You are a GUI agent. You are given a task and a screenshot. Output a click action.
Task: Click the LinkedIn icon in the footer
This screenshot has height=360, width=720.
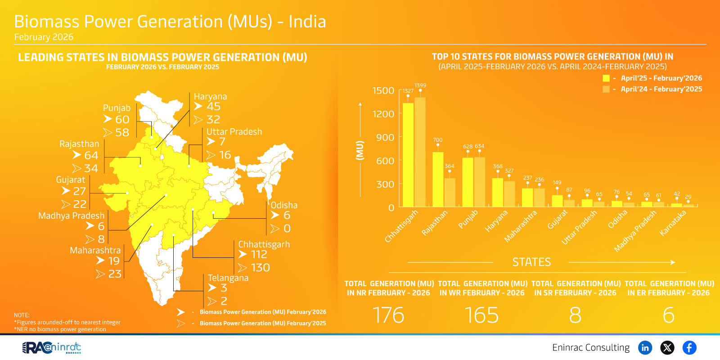(x=645, y=347)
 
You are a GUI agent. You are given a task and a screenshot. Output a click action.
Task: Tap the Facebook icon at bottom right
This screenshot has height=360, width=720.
(x=689, y=347)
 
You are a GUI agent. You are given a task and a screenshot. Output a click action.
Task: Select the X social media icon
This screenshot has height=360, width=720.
(x=667, y=347)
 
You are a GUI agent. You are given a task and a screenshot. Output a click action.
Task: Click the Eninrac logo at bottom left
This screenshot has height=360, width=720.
(x=51, y=347)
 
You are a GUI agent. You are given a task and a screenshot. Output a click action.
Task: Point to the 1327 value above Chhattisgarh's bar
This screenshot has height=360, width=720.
(x=408, y=91)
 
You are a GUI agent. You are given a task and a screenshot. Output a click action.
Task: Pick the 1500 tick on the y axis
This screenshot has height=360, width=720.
(x=383, y=90)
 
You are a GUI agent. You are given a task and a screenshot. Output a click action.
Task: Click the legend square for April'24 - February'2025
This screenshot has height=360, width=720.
(x=606, y=89)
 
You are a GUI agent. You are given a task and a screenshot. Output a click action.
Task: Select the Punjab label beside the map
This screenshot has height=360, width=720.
(x=117, y=108)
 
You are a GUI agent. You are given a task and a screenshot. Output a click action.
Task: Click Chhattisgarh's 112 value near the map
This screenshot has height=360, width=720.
(x=259, y=255)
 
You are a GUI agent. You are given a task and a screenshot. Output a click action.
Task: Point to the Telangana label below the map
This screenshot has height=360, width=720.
(x=228, y=278)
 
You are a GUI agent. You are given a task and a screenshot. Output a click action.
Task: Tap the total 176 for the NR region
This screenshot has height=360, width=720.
(x=388, y=315)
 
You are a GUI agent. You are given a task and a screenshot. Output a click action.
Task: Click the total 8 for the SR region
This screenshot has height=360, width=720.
(x=575, y=315)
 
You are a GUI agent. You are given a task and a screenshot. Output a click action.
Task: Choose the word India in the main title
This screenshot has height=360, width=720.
(x=307, y=22)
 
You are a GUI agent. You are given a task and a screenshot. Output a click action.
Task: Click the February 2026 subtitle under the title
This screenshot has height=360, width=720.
(x=44, y=37)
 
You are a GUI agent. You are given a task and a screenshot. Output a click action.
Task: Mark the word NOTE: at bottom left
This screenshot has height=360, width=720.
(x=22, y=315)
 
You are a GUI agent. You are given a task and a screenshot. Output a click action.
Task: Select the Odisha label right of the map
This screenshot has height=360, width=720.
(x=284, y=205)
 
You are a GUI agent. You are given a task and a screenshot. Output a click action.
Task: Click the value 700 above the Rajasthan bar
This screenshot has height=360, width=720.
(x=437, y=140)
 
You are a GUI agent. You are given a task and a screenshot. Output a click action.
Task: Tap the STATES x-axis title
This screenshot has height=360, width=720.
(x=531, y=262)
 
